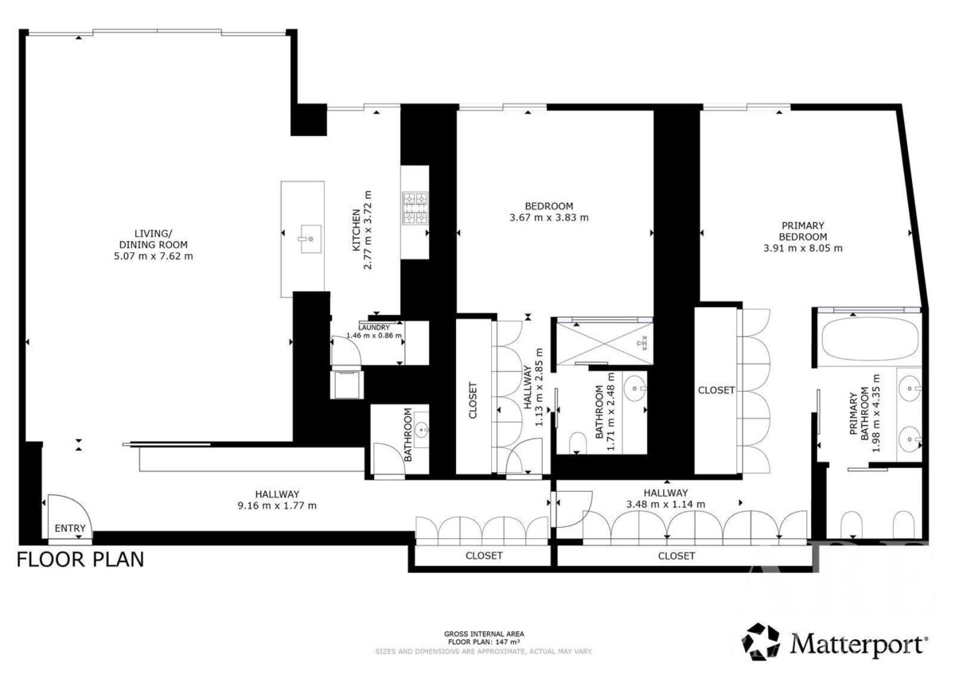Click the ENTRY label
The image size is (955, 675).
70,529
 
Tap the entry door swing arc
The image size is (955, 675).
79,502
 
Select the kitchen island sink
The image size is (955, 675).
311,239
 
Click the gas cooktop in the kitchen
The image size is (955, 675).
415,209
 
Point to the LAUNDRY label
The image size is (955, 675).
374,327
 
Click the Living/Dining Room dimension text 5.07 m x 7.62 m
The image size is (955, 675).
153,256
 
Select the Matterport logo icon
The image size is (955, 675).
761,642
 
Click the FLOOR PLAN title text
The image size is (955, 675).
80,560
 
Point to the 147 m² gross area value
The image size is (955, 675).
509,642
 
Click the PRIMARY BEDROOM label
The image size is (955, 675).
803,231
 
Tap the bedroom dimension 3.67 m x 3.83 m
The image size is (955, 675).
549,217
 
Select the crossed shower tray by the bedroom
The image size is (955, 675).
605,343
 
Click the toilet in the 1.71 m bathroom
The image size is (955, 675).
578,443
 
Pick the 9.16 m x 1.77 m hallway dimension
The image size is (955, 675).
277,506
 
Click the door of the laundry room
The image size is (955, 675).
346,350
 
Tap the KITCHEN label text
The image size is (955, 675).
357,230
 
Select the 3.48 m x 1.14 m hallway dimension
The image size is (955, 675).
665,505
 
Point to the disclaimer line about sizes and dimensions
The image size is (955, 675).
484,652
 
